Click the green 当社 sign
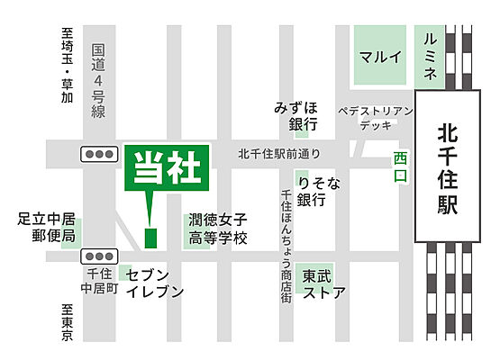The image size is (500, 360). tap(167, 168)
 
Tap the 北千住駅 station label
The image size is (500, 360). tap(447, 168)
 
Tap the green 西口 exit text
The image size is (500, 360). tap(400, 166)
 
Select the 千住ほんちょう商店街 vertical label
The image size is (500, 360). tap(286, 238)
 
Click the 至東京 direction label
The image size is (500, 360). tap(67, 321)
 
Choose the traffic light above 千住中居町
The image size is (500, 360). tap(95, 256)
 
